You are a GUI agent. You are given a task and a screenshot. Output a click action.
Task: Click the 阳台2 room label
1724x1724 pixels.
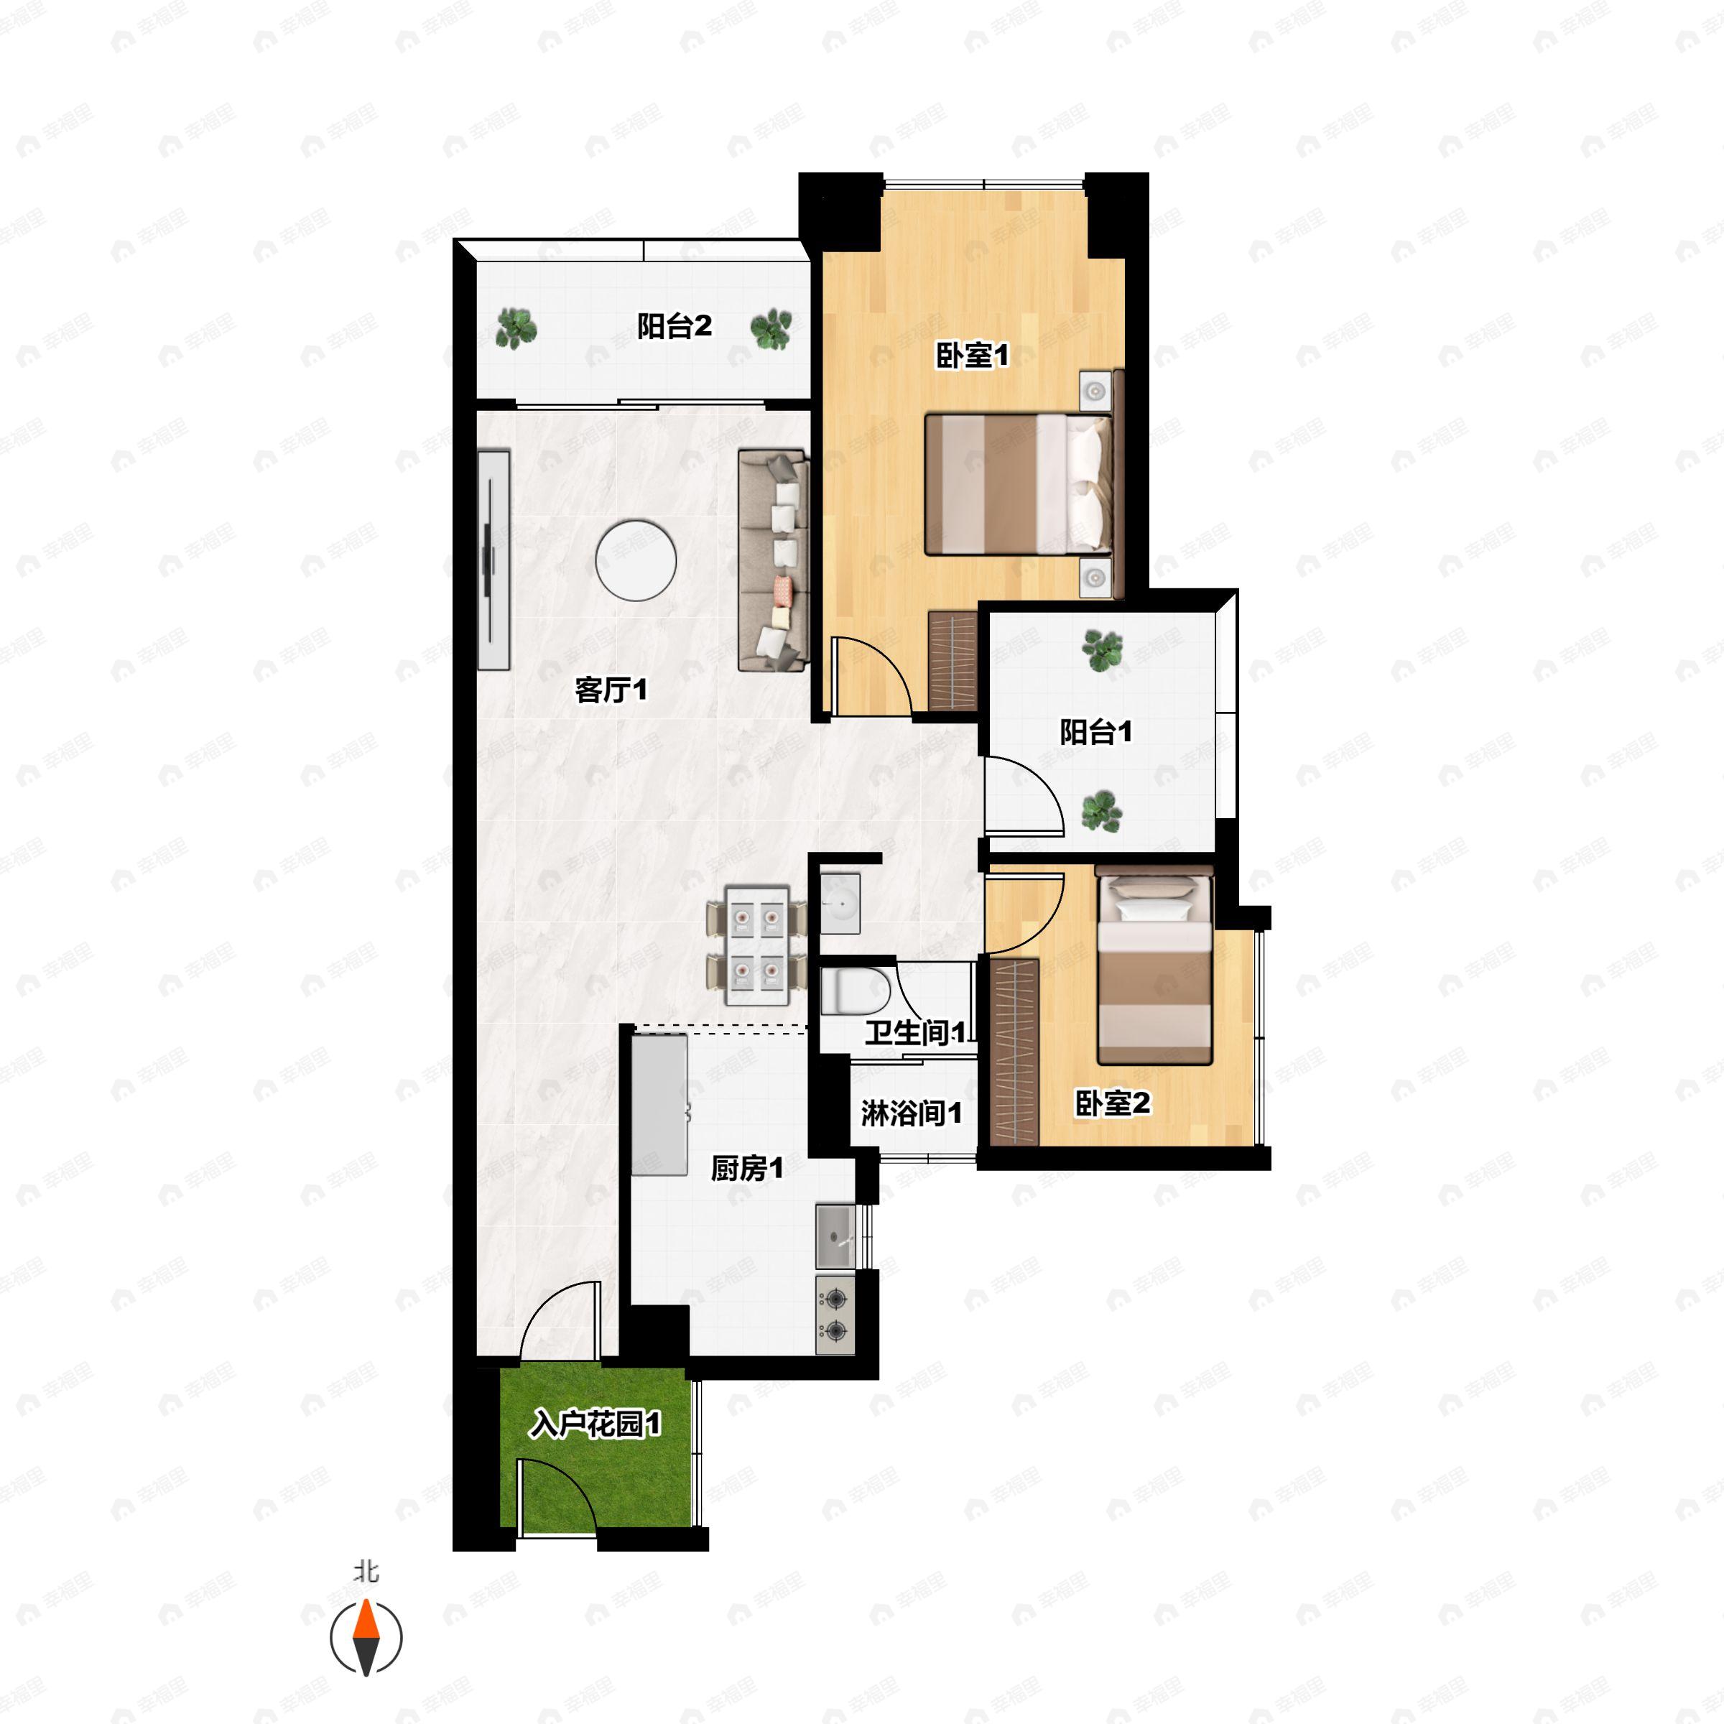click(x=674, y=327)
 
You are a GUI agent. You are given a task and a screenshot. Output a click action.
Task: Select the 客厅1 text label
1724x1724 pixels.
click(x=611, y=690)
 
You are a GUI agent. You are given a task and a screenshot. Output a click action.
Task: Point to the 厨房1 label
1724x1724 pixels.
click(x=747, y=1168)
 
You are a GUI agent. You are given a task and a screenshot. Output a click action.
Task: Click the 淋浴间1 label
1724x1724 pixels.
click(x=911, y=1113)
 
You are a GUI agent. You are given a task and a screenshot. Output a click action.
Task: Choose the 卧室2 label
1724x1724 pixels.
click(x=1112, y=1104)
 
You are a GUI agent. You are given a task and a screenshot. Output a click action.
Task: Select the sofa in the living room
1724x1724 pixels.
click(x=773, y=560)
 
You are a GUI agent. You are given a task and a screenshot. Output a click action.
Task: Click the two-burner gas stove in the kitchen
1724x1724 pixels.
click(x=835, y=1315)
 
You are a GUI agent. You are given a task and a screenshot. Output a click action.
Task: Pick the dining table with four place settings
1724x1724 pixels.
click(x=756, y=945)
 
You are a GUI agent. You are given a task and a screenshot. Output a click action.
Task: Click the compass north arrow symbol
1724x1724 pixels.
click(x=366, y=1639)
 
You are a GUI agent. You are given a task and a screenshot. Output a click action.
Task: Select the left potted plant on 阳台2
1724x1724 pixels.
click(x=516, y=328)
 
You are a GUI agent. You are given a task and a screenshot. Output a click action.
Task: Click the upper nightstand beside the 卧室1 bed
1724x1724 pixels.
click(x=1095, y=390)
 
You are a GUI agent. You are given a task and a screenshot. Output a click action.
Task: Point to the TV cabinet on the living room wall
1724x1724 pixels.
click(x=493, y=560)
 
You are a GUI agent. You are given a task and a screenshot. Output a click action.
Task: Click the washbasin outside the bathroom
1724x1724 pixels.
click(x=840, y=903)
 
